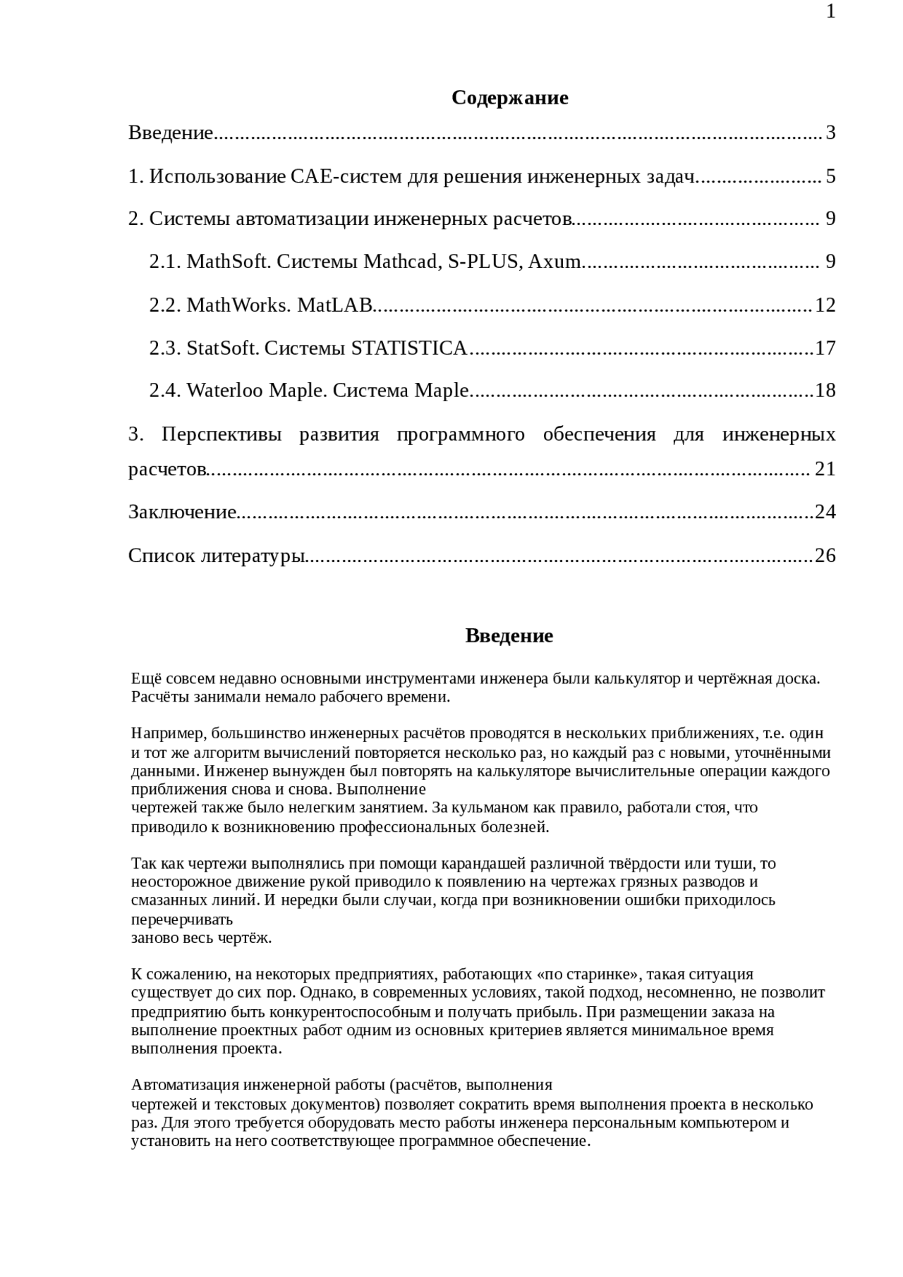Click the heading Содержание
509,97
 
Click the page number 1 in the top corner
830,12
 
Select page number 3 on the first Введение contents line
830,133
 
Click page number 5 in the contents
830,176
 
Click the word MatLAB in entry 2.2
334,305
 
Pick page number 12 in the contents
825,305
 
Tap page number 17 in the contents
825,348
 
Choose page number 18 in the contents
825,391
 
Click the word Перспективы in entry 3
221,434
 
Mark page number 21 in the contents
825,469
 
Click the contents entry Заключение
182,512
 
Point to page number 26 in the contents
825,556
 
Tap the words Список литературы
216,556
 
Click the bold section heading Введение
509,636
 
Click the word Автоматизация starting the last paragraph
181,1085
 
